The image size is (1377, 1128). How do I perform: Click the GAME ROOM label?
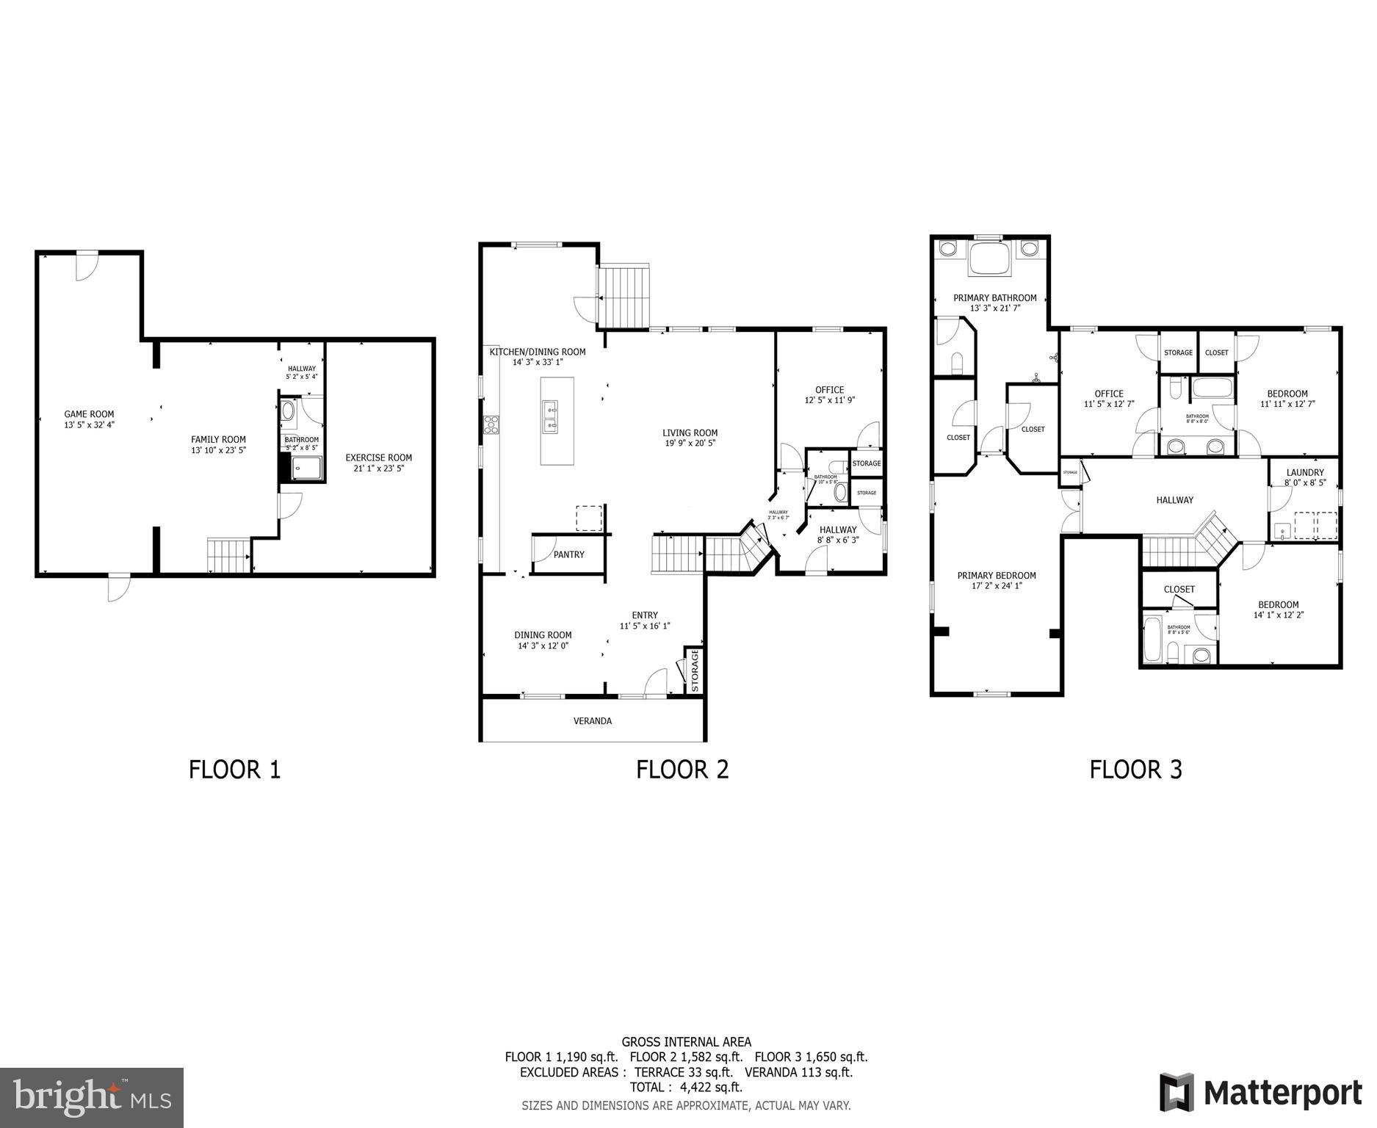tap(89, 414)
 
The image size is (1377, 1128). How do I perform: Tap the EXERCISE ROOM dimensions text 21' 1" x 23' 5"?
tap(379, 468)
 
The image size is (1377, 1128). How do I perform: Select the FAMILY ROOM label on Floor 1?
tap(218, 440)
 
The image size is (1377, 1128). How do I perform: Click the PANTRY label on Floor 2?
tap(568, 554)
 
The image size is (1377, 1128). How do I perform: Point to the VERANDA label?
tap(592, 721)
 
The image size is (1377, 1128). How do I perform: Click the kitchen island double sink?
tap(549, 417)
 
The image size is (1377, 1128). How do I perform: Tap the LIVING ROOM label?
tap(690, 433)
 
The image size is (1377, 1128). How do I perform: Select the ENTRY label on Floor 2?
tap(645, 615)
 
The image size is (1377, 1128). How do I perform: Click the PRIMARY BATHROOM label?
tap(994, 297)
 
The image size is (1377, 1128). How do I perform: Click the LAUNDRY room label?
tap(1305, 472)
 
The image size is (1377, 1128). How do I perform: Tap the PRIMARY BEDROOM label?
tap(996, 576)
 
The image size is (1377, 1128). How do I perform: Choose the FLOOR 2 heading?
tap(682, 770)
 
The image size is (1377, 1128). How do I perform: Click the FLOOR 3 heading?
tap(1135, 770)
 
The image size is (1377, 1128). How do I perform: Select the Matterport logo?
tap(1260, 1093)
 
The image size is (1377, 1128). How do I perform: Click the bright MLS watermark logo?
tap(92, 1097)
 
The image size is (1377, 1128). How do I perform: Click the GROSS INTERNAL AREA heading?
tap(686, 1041)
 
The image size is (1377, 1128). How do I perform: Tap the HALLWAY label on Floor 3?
tap(1174, 500)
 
